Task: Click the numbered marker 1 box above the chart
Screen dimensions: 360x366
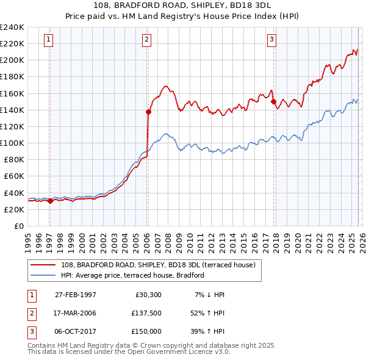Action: [x=49, y=40]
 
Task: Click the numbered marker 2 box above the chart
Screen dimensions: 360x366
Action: [x=147, y=40]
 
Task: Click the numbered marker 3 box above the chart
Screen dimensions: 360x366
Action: [x=271, y=40]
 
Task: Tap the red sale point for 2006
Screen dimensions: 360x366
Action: [x=148, y=112]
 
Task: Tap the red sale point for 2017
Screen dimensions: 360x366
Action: [x=273, y=101]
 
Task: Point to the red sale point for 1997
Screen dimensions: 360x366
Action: [x=50, y=201]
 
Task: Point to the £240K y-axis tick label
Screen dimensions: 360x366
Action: [x=12, y=27]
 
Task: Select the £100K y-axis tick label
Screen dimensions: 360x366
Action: [x=12, y=143]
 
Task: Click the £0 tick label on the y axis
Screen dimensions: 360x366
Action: [x=18, y=226]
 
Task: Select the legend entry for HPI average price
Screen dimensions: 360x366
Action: [x=132, y=276]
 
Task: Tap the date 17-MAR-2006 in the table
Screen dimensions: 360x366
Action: [x=76, y=312]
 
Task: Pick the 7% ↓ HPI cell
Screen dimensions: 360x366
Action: [x=210, y=295]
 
